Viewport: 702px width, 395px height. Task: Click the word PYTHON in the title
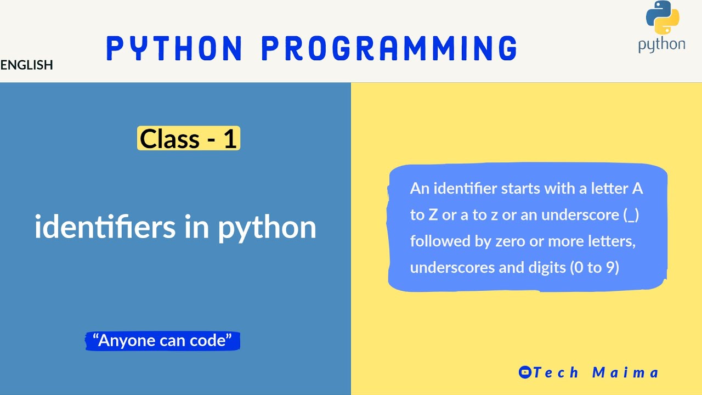(174, 48)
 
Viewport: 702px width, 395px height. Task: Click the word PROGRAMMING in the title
(389, 48)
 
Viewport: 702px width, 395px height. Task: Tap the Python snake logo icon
(663, 18)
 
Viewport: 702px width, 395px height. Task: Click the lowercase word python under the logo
(661, 45)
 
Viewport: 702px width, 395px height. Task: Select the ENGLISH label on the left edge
(26, 65)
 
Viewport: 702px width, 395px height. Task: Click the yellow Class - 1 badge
(188, 139)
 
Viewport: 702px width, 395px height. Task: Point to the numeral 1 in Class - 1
(230, 139)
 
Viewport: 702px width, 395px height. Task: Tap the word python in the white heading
(267, 228)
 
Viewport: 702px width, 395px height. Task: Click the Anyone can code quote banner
(162, 341)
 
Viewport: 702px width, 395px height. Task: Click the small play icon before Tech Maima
(525, 373)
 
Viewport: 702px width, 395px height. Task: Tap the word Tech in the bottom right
(556, 373)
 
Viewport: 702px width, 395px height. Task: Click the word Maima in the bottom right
(625, 373)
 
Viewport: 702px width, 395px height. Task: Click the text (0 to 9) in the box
(595, 268)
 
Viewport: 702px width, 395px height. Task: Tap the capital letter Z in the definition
(433, 215)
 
